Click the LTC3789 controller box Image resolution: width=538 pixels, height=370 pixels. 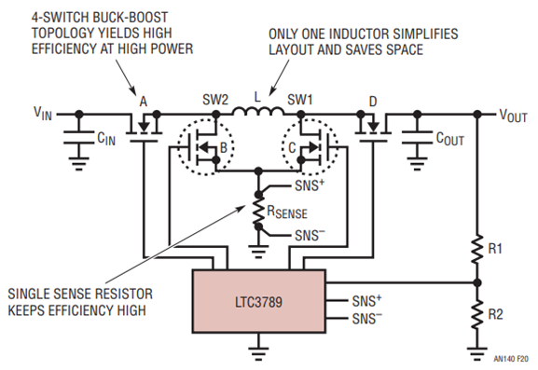point(258,301)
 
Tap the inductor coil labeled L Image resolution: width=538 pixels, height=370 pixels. point(258,111)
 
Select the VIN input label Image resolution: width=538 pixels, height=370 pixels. point(43,113)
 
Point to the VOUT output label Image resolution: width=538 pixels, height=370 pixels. point(513,116)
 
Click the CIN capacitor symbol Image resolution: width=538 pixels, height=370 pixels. point(79,136)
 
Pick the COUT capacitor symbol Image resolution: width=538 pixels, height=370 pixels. point(417,137)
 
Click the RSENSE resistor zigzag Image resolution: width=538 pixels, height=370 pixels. point(258,211)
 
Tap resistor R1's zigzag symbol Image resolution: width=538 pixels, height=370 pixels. point(477,249)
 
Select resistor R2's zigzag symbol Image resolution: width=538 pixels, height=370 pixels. point(477,315)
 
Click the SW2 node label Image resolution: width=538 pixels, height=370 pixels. point(215,100)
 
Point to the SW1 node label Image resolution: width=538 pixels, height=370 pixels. point(300,100)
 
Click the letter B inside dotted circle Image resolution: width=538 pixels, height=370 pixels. point(224,148)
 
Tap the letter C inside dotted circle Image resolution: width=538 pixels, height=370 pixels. point(292,148)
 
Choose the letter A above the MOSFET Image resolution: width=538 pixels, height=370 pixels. point(144,102)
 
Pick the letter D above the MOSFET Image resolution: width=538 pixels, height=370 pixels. point(373,102)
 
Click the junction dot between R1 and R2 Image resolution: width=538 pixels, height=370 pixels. point(477,283)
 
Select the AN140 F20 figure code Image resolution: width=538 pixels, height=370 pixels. point(511,359)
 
